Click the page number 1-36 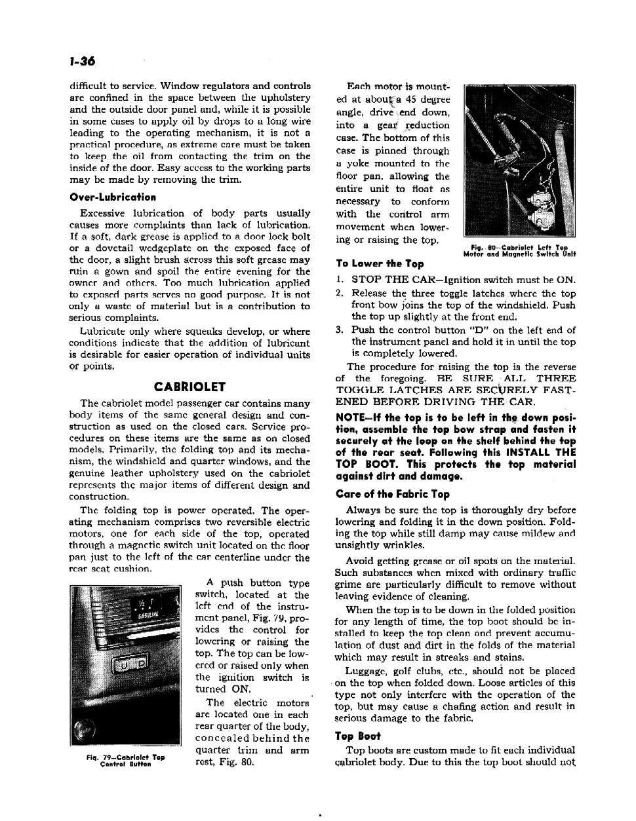click(81, 62)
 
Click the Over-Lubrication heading click(113, 197)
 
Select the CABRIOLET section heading click(189, 387)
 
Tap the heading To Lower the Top click(380, 263)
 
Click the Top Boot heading click(357, 736)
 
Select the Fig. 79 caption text click(125, 760)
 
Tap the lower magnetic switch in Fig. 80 click(545, 214)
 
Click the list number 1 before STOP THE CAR click(338, 279)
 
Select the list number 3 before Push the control click(339, 330)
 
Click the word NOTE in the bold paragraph click(351, 417)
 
